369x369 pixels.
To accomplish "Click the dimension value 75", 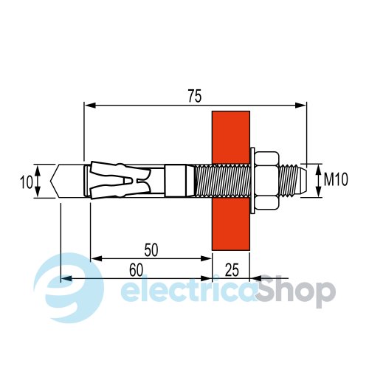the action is tap(195, 96).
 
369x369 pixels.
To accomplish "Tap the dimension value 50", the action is tap(151, 249).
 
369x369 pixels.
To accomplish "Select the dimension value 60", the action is tap(136, 269).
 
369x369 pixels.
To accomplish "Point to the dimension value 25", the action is tap(232, 269).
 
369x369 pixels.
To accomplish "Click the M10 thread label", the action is tap(336, 179).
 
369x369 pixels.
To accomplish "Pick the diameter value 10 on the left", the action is tap(26, 182).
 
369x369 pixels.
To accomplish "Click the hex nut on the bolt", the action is tap(267, 181).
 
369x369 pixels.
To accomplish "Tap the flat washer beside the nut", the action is tap(252, 181).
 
